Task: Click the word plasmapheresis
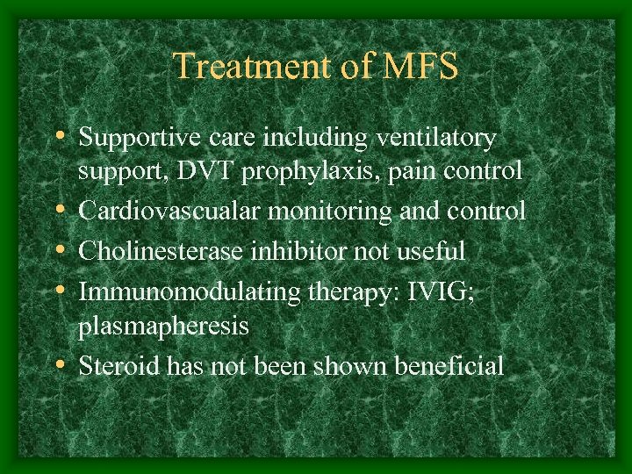click(x=163, y=327)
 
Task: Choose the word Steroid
click(x=111, y=366)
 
